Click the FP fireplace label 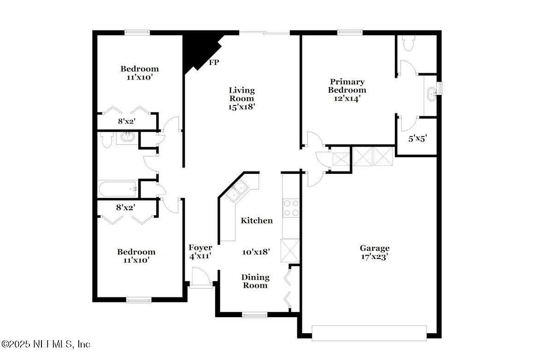tap(214, 63)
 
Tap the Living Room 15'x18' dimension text tap(242, 106)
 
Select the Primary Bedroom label tap(347, 86)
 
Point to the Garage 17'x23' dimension tap(375, 257)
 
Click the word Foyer tap(200, 248)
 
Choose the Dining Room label tap(255, 281)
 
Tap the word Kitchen tap(257, 221)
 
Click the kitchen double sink tap(237, 191)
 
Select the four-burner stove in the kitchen tap(291, 207)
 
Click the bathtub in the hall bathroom tap(118, 188)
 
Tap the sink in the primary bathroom tap(432, 94)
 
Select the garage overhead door tap(369, 333)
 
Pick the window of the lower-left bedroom tap(139, 300)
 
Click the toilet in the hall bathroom tap(106, 140)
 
